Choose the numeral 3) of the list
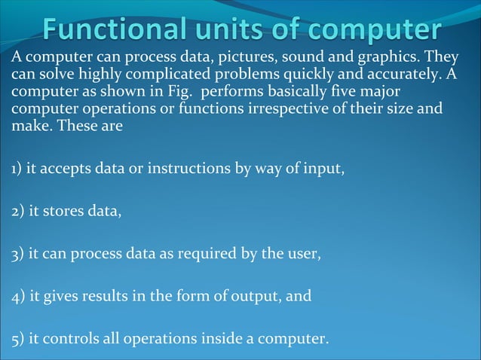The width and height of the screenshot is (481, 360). tap(17, 255)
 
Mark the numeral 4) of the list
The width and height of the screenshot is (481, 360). tap(17, 297)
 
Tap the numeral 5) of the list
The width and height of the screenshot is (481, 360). tap(17, 339)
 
